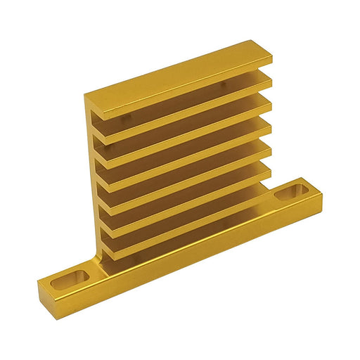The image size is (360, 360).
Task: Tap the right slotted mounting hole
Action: pyautogui.click(x=291, y=192)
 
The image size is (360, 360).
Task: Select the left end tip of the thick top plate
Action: pyautogui.click(x=87, y=99)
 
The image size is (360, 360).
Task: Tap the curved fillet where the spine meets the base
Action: pyautogui.click(x=103, y=262)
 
